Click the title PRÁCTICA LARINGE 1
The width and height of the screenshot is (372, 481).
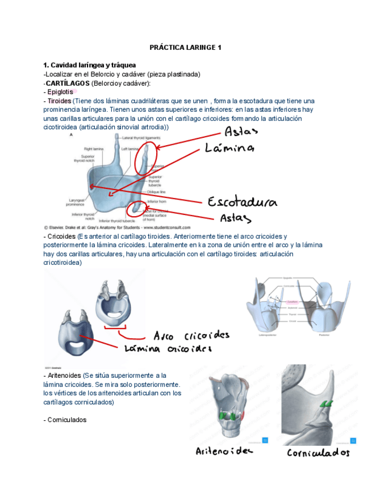click(185, 47)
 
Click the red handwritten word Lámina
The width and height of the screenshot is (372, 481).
click(229, 148)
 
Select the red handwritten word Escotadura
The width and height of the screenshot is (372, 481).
click(243, 202)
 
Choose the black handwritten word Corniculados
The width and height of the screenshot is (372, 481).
click(319, 453)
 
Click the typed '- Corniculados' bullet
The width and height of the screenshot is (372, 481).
click(65, 420)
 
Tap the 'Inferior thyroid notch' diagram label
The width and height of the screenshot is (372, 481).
click(83, 216)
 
